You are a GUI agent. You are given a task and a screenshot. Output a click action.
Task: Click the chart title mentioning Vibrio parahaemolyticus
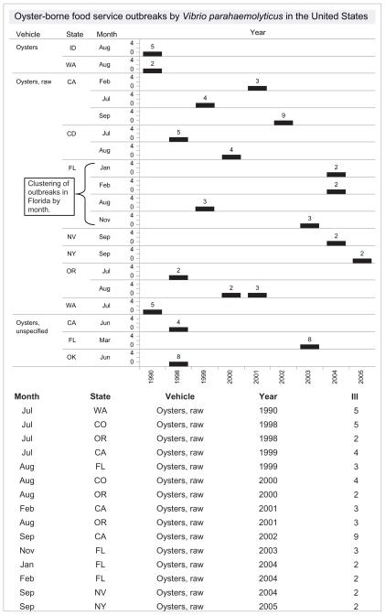(x=192, y=15)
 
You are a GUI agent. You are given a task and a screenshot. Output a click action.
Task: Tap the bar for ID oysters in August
(x=152, y=53)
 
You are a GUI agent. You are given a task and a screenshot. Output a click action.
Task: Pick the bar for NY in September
(x=362, y=260)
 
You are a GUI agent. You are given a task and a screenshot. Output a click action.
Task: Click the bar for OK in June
(x=178, y=363)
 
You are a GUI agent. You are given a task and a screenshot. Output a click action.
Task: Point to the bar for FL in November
(x=310, y=225)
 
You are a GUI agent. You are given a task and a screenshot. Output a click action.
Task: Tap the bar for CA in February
(x=257, y=88)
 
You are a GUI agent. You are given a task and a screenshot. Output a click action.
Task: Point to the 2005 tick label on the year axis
(x=362, y=380)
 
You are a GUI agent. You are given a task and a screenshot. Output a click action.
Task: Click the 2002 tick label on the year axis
(x=283, y=380)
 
